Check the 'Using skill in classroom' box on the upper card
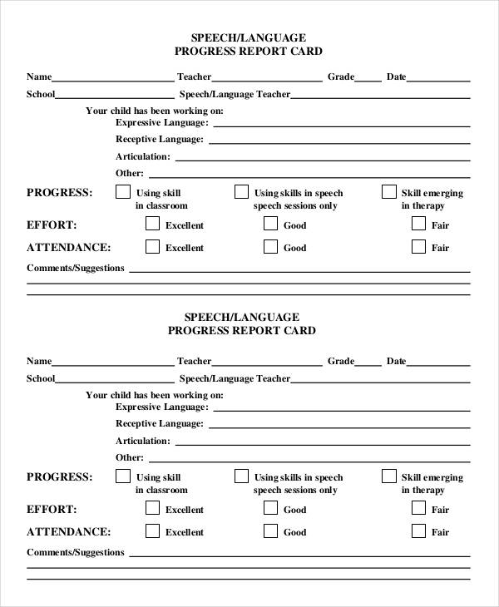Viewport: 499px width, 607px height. (x=122, y=192)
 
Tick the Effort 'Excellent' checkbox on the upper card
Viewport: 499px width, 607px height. (x=152, y=224)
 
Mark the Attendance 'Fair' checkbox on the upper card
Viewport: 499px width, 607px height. (x=418, y=246)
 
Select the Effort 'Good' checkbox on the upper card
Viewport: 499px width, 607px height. (x=270, y=224)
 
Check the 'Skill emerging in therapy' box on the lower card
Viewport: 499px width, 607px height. (x=388, y=476)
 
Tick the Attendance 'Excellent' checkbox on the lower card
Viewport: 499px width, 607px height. (x=152, y=531)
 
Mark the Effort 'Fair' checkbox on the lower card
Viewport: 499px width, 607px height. (x=418, y=508)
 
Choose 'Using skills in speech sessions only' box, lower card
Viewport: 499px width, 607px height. (x=241, y=476)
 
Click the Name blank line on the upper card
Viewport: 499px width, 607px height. (x=113, y=80)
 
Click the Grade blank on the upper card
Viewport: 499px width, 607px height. (x=368, y=80)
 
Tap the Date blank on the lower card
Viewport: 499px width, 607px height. (x=438, y=364)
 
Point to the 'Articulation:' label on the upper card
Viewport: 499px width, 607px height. (x=142, y=156)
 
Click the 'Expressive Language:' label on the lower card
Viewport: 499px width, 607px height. (x=161, y=407)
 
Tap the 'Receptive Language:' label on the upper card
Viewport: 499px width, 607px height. (x=159, y=140)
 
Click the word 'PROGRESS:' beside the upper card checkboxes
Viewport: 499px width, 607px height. (x=60, y=193)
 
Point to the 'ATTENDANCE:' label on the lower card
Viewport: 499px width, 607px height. (x=68, y=532)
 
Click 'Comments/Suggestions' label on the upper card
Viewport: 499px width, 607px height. (x=76, y=268)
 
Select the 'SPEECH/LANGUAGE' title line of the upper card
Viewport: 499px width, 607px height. (x=249, y=37)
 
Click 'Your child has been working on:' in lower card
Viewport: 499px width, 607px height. (x=155, y=395)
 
